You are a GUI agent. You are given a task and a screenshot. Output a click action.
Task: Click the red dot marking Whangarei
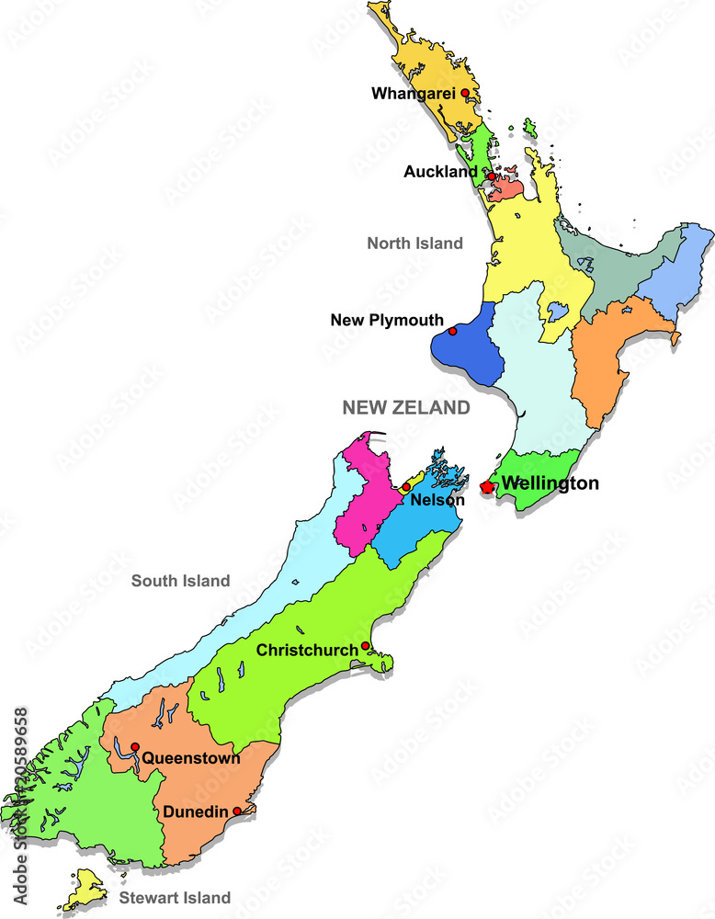(x=465, y=93)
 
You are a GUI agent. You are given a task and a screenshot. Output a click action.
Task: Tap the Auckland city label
(x=440, y=172)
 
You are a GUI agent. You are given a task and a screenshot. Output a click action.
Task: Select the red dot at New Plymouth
(x=452, y=331)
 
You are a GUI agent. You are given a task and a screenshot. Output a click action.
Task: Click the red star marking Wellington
(x=486, y=486)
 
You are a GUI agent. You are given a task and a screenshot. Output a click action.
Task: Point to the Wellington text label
(x=550, y=483)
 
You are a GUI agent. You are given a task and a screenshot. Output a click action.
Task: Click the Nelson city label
(x=437, y=501)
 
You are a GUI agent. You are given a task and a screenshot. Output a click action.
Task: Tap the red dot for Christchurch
(x=365, y=646)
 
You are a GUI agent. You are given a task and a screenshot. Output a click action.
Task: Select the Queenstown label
(x=190, y=759)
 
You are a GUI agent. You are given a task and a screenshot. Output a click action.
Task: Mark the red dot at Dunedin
(x=237, y=811)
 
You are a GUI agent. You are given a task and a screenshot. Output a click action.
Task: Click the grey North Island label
(x=414, y=244)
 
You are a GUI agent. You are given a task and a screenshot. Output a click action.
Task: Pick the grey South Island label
(x=180, y=581)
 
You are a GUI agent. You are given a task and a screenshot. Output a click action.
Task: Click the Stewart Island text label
(x=175, y=897)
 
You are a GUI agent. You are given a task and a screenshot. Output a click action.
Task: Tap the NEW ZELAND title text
(x=405, y=407)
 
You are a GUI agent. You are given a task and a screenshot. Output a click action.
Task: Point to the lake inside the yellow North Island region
(x=557, y=312)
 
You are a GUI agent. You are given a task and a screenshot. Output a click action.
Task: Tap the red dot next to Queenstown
(x=135, y=746)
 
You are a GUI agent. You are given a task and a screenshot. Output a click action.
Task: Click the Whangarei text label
(x=414, y=93)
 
